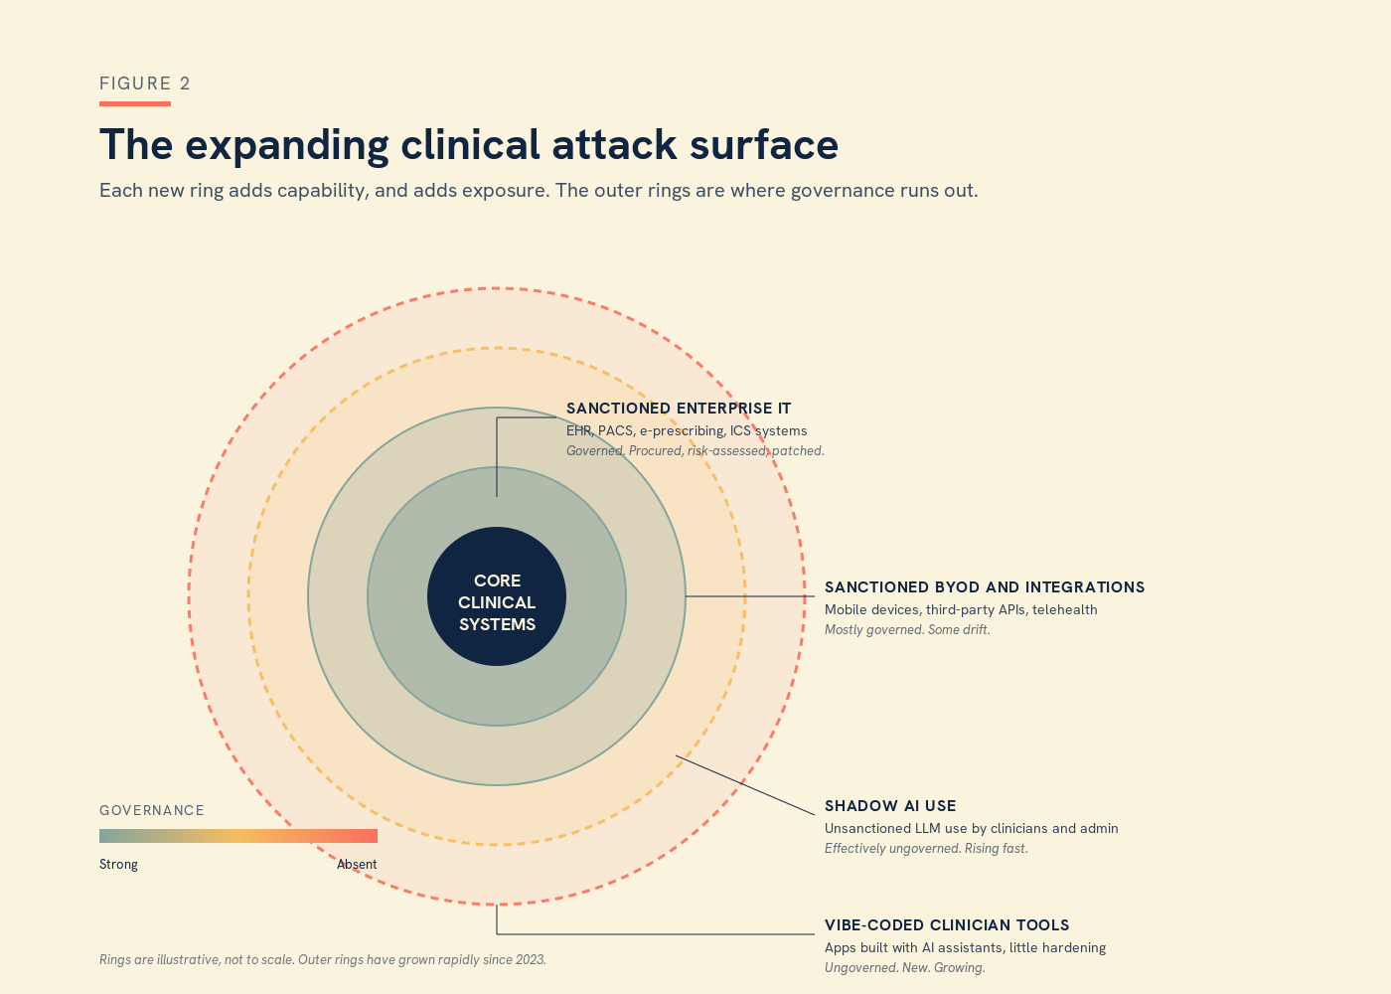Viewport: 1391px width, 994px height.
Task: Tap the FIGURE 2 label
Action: coord(145,83)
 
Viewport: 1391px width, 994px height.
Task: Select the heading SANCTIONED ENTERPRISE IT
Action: coord(679,409)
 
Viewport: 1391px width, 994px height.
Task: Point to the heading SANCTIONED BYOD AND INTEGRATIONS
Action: coord(985,587)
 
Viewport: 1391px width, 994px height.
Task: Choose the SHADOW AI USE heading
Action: coord(890,806)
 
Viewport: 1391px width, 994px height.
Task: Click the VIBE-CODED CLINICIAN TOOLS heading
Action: coord(947,925)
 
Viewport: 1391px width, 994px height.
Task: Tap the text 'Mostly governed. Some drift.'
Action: coord(907,630)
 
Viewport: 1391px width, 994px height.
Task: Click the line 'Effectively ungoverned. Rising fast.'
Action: coord(926,849)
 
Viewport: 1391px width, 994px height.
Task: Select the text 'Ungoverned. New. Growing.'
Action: coord(905,968)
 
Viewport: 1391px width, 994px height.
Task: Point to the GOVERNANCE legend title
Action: coord(152,811)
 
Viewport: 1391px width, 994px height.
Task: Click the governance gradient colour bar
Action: coord(238,836)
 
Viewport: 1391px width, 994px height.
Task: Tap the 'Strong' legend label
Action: coord(118,865)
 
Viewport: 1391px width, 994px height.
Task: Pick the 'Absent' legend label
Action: coord(357,865)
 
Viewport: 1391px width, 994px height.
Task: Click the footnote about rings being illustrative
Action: coord(323,960)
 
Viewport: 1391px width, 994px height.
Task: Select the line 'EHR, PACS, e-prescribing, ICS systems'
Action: coord(687,431)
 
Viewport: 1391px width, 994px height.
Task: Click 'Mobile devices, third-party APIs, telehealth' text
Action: coord(961,610)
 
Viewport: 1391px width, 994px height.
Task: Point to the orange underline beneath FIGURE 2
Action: coord(135,103)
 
